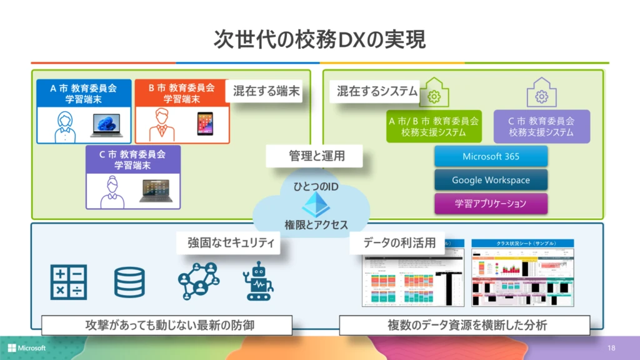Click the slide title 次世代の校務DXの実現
pyautogui.click(x=320, y=39)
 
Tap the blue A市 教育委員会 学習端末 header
pyautogui.click(x=84, y=93)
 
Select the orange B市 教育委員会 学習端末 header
pyautogui.click(x=182, y=93)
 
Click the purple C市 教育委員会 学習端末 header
pyautogui.click(x=132, y=159)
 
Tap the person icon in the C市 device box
pyautogui.click(x=112, y=191)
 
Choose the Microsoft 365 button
pyautogui.click(x=491, y=156)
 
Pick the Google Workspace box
pyautogui.click(x=491, y=180)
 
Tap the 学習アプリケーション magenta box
pyautogui.click(x=491, y=203)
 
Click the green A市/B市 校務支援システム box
pyautogui.click(x=434, y=127)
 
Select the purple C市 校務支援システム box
pyautogui.click(x=541, y=127)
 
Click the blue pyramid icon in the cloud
pyautogui.click(x=316, y=204)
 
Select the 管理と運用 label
pyautogui.click(x=316, y=156)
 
